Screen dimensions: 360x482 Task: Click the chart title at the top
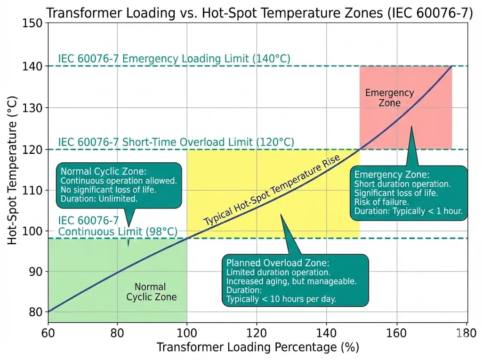tap(259, 13)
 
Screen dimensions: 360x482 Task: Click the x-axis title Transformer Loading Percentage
tap(257, 348)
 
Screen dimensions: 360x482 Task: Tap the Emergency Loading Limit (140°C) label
tap(174, 59)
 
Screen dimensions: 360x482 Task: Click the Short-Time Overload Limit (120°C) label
tap(176, 142)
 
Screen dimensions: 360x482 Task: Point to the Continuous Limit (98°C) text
tap(118, 232)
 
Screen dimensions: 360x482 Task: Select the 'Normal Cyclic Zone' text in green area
tap(150, 292)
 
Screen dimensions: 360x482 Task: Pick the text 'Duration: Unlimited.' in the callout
tap(99, 199)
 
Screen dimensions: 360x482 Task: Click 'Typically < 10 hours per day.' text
tap(281, 299)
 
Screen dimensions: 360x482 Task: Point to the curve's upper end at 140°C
tap(451, 66)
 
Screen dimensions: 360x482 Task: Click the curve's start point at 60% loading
tap(48, 312)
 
